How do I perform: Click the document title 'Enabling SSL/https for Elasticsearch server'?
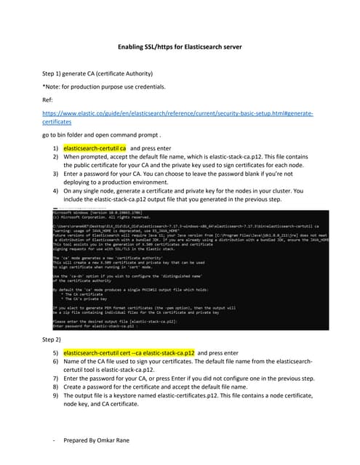coord(180,48)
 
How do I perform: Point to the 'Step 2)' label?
coord(52,339)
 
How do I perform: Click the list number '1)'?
coord(55,147)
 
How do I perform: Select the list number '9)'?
coord(55,396)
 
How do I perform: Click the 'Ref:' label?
coord(49,102)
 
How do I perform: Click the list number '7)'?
coord(55,379)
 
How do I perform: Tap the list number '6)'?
coord(55,362)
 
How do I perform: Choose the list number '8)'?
coord(55,387)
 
